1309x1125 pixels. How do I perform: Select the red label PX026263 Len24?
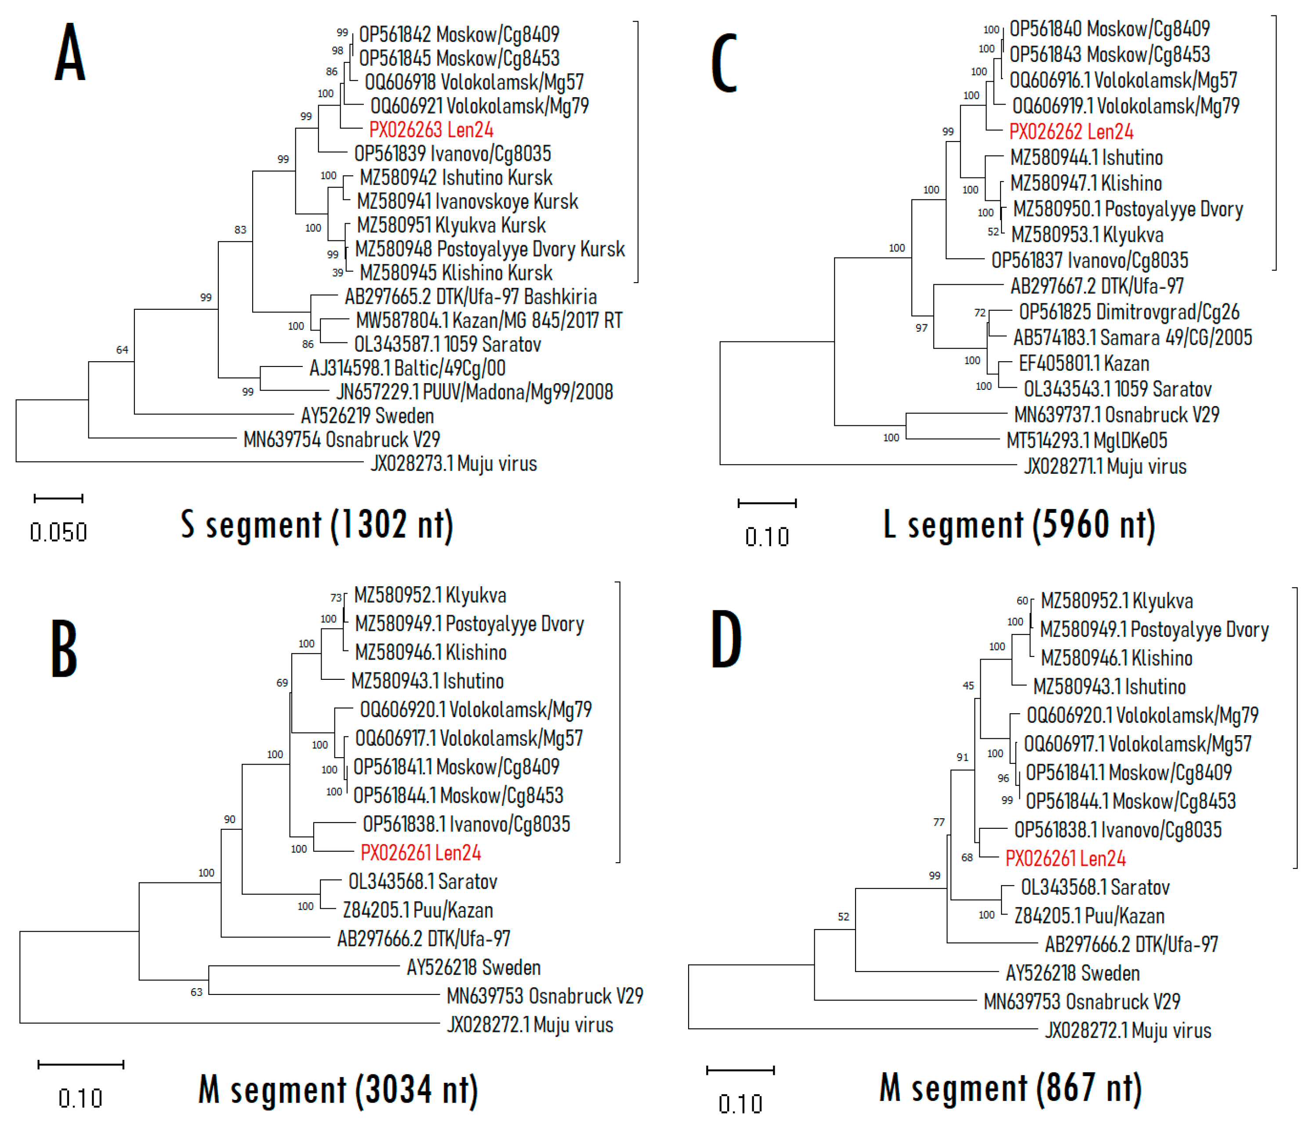pyautogui.click(x=431, y=130)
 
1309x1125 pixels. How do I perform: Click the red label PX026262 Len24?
pyautogui.click(x=1071, y=132)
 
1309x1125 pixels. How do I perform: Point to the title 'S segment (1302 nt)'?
pyautogui.click(x=317, y=525)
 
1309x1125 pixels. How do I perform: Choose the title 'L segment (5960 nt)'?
pyautogui.click(x=1019, y=525)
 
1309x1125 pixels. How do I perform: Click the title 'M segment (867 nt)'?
pyautogui.click(x=1010, y=1088)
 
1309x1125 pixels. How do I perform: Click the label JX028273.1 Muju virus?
pyautogui.click(x=453, y=464)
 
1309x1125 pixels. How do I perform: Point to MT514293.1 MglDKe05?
pyautogui.click(x=1087, y=440)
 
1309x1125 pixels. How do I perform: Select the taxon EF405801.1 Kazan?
pyautogui.click(x=1084, y=364)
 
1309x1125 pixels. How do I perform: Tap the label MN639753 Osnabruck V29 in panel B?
pyautogui.click(x=544, y=996)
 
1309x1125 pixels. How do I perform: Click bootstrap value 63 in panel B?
pyautogui.click(x=196, y=992)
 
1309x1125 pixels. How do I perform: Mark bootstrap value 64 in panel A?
pyautogui.click(x=122, y=350)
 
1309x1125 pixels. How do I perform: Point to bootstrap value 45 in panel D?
pyautogui.click(x=968, y=686)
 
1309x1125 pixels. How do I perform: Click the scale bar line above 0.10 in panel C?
pyautogui.click(x=767, y=504)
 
